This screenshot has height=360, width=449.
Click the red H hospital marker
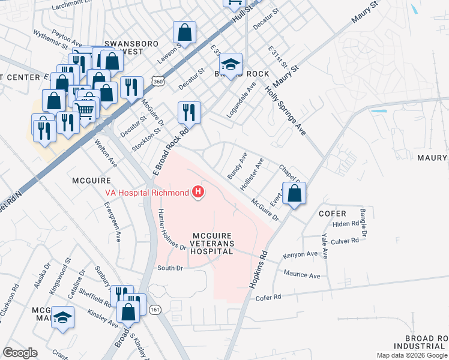pos(197,193)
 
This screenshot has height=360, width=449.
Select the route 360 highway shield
pos(158,81)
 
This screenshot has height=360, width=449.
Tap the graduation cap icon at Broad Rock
pos(231,64)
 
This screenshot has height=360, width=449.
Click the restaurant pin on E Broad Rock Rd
pos(188,112)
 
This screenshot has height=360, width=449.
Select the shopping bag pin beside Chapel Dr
pos(294,194)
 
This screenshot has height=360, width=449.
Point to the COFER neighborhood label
pos(332,214)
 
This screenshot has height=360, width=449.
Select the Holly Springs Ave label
pos(286,111)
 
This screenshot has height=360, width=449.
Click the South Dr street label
pos(169,268)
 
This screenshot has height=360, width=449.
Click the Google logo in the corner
pos(20,353)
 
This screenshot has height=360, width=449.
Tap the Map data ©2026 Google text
pos(412,355)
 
